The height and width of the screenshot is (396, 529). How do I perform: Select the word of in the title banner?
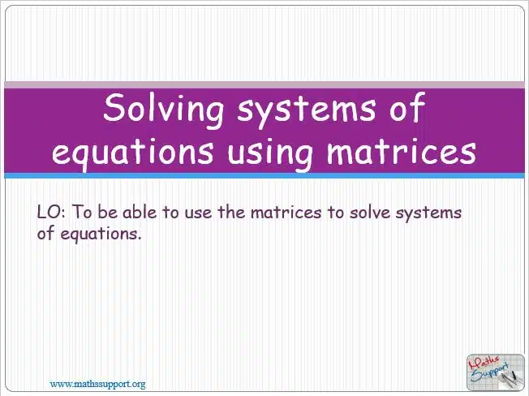407,106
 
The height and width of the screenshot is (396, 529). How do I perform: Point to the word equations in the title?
132,153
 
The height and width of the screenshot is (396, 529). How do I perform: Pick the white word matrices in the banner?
401,150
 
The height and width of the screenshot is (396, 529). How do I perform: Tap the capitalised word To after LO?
82,212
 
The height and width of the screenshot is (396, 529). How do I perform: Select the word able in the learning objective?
140,212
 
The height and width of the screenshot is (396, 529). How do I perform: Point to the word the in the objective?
231,212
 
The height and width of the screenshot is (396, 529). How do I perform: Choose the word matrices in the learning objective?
286,212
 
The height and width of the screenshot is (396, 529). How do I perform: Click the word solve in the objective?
369,212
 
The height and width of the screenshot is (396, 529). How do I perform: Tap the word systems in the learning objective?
428,214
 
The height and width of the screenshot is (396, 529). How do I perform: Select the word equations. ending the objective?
101,234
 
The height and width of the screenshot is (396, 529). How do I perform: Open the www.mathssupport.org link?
98,384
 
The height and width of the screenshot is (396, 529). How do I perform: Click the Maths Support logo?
496,372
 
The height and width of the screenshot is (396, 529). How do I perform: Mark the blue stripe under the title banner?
264,176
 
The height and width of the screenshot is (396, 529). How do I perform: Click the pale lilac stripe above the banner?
264,84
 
